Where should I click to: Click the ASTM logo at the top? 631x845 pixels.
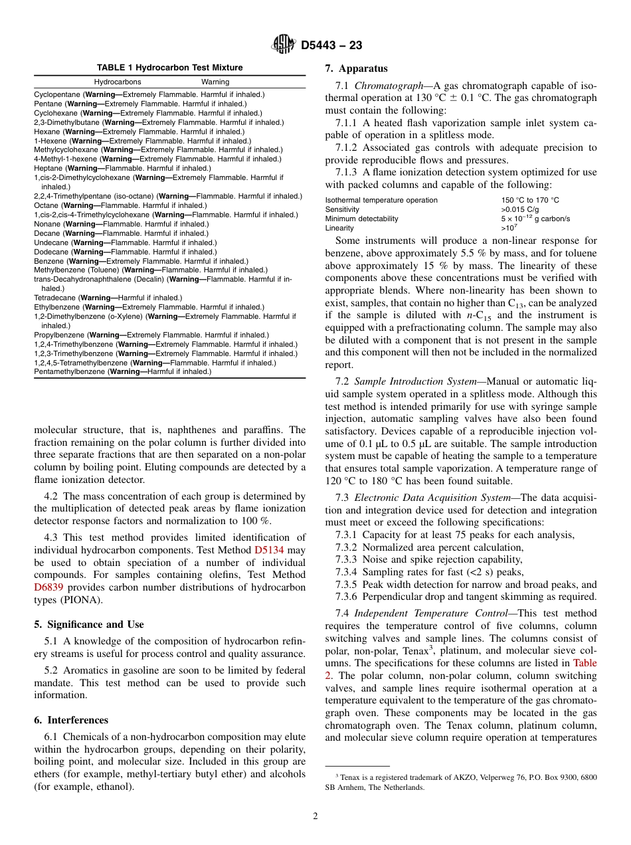[284, 45]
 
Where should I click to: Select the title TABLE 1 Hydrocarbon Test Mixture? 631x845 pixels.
[169, 68]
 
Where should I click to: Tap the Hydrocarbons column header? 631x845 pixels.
[117, 82]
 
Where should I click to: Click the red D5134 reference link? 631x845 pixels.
[269, 550]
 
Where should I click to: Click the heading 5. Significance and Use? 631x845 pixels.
[88, 624]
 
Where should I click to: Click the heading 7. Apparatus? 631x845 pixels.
[356, 68]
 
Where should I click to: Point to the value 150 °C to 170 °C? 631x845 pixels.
[529, 200]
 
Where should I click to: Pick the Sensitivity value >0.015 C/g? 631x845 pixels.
[519, 209]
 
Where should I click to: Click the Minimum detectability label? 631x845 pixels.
[361, 219]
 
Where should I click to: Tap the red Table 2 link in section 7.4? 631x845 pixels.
[585, 663]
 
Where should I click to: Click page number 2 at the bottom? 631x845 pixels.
[315, 816]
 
